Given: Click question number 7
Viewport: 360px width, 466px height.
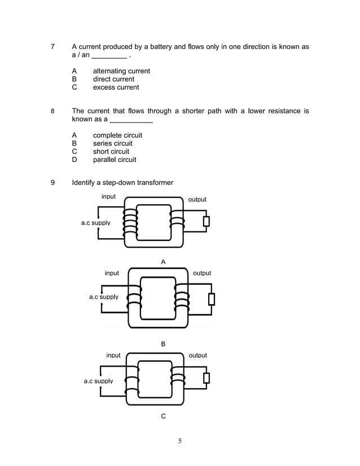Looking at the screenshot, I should click(x=52, y=47).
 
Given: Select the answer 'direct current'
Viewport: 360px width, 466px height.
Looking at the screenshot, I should click(x=113, y=79).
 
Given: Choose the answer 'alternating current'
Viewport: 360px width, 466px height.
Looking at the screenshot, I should click(x=121, y=71).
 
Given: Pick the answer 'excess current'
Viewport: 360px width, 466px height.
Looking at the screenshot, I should click(x=116, y=87).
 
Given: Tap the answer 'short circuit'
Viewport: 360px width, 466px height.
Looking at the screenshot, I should click(x=111, y=152).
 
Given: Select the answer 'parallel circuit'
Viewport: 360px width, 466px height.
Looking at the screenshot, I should click(x=115, y=160).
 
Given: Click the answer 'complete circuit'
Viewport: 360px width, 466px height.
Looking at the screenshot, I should click(x=117, y=135).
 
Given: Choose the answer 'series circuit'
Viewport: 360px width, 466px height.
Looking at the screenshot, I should click(x=112, y=143).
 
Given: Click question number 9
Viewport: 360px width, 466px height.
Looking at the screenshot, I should click(x=52, y=183).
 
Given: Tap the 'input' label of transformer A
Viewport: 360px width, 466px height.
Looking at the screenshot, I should click(x=108, y=197).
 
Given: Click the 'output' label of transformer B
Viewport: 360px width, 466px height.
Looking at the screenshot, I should click(x=202, y=274).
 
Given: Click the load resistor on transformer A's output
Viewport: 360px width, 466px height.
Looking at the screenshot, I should click(x=207, y=221).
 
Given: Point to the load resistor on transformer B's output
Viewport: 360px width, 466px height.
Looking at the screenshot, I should click(x=212, y=298).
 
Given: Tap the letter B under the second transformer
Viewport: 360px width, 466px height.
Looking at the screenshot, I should click(x=163, y=344).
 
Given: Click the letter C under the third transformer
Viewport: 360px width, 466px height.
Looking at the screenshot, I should click(x=163, y=416).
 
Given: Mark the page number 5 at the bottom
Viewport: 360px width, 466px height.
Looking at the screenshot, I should click(x=179, y=441).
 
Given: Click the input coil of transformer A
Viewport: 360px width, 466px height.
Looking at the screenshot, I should click(x=131, y=221).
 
